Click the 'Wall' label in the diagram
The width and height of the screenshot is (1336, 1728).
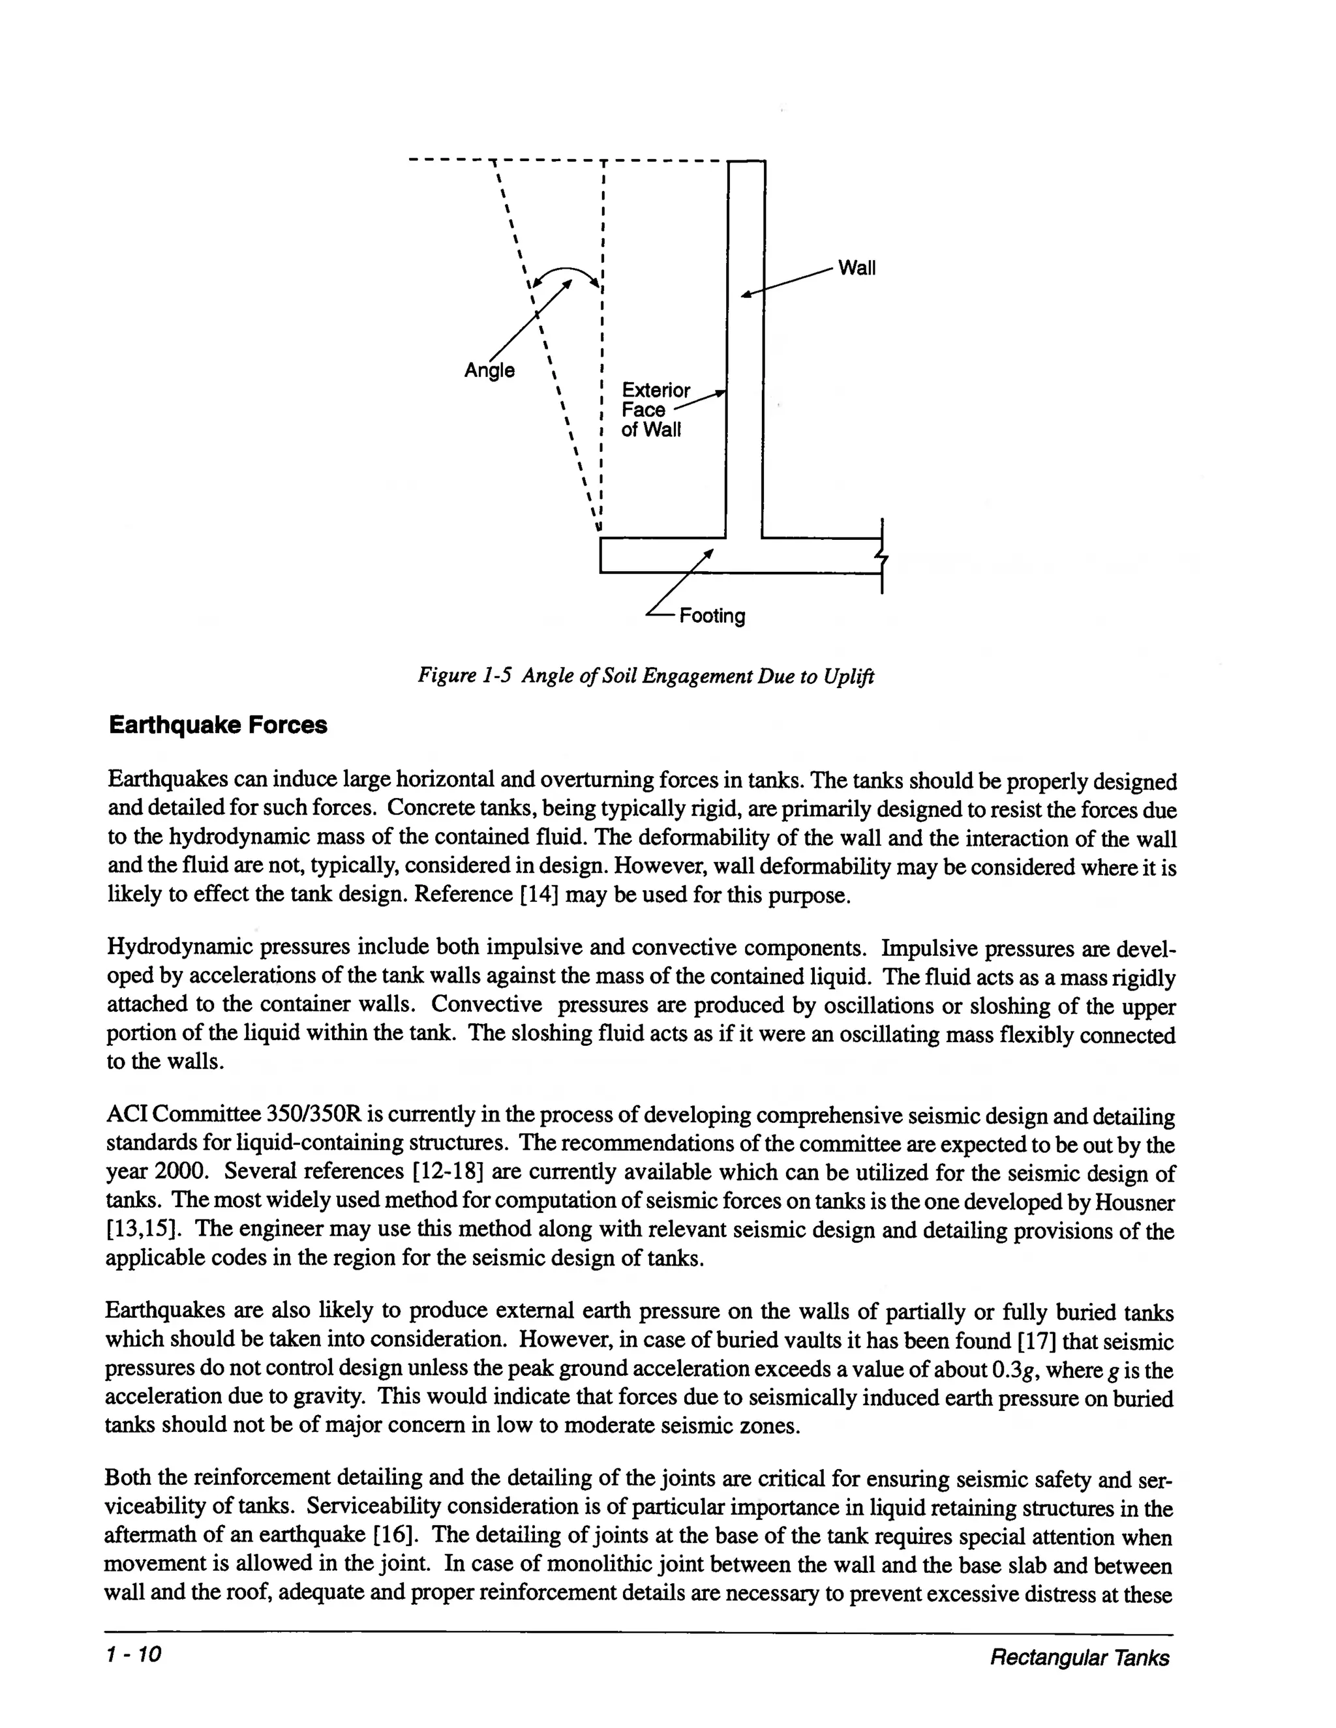[x=857, y=268]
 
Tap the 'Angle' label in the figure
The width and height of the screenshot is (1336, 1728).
[x=489, y=370]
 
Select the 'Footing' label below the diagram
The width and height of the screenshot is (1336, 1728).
[x=712, y=616]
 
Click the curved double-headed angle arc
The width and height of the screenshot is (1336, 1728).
[x=567, y=274]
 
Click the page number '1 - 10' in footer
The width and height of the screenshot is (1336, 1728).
[x=134, y=1654]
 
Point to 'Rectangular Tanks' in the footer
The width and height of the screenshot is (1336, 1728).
[x=1079, y=1658]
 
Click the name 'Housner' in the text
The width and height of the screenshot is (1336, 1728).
[x=1134, y=1202]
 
